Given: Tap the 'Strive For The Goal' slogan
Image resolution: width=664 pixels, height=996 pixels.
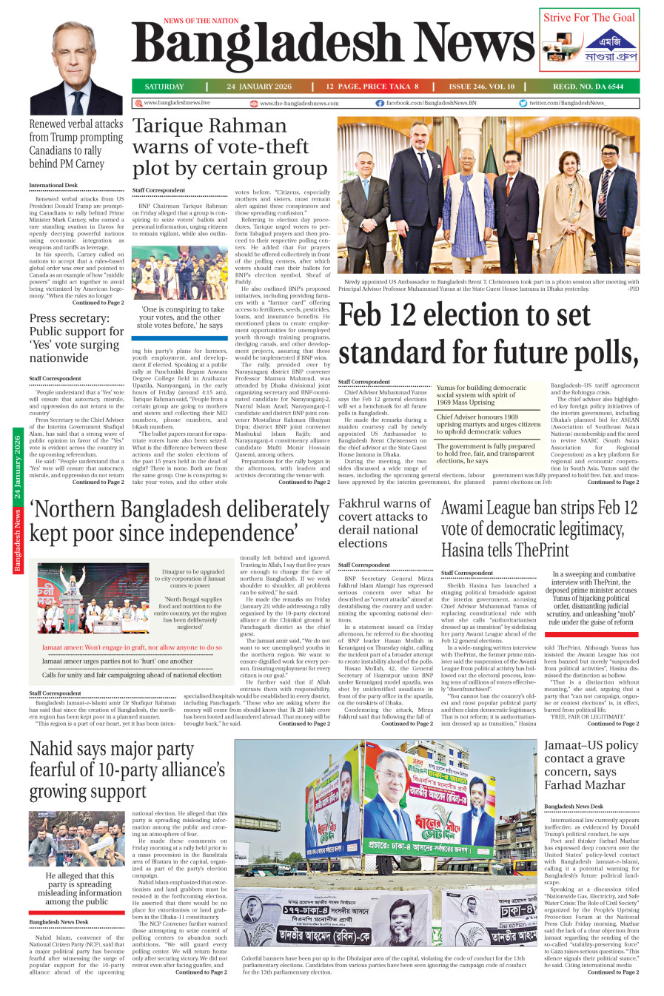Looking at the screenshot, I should [x=589, y=18].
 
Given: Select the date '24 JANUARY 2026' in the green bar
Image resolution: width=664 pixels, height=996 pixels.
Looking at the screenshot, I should [x=259, y=87].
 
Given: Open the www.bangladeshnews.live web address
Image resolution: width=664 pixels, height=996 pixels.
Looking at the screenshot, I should [x=177, y=103].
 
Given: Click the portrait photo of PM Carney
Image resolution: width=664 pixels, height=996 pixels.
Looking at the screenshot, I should [x=77, y=68].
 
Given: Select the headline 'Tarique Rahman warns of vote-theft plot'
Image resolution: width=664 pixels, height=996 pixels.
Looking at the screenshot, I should [x=229, y=147].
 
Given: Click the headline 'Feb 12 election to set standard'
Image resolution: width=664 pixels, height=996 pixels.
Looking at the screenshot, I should [x=487, y=334].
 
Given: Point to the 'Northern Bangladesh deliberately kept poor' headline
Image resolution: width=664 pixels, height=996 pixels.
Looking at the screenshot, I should [x=178, y=521].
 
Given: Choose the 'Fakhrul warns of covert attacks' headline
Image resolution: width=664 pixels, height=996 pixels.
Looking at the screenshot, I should [x=383, y=523].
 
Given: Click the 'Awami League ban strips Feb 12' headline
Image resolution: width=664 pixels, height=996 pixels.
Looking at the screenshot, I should [x=539, y=528].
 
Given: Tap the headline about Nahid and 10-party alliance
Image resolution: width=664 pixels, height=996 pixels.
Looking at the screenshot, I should [x=127, y=770].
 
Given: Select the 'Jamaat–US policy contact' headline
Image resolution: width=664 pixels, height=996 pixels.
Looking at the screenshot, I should [x=591, y=764].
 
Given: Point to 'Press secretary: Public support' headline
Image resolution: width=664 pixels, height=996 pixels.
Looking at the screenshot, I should [x=76, y=337].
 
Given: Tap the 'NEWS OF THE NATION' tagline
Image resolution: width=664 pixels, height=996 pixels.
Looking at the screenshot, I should [x=201, y=21].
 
